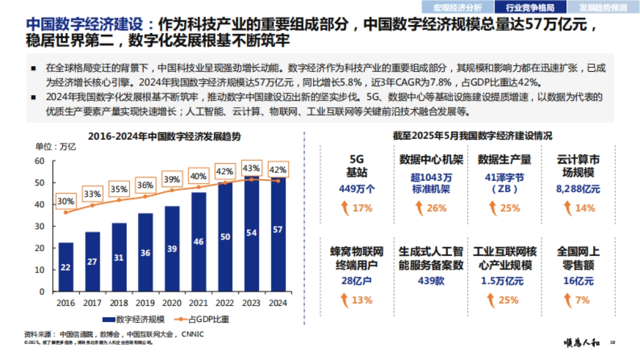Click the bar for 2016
(x=66, y=267)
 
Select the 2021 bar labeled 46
(x=198, y=242)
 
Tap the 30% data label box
(x=66, y=202)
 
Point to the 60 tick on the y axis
(x=40, y=161)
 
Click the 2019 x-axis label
(x=145, y=303)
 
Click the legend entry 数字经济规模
(x=134, y=319)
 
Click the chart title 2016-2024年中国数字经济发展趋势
(x=164, y=137)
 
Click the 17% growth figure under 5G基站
(x=362, y=208)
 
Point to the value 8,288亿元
(x=578, y=189)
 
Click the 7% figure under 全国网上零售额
(x=582, y=300)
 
